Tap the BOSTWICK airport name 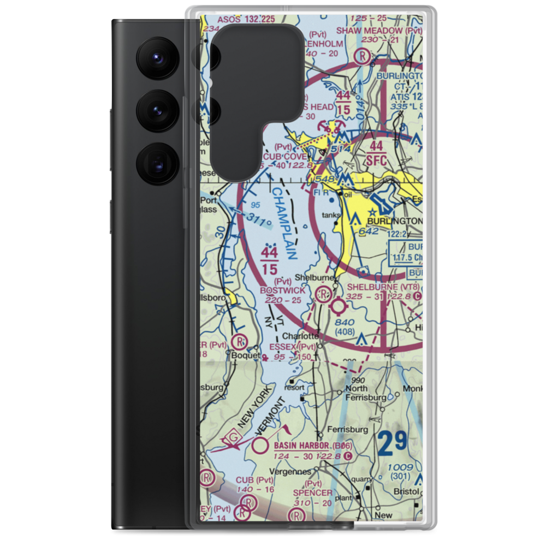pos(283,290)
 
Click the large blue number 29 pos(392,444)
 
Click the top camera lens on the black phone pos(155,57)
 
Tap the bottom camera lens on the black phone pos(155,162)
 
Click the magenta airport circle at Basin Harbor pos(261,447)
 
